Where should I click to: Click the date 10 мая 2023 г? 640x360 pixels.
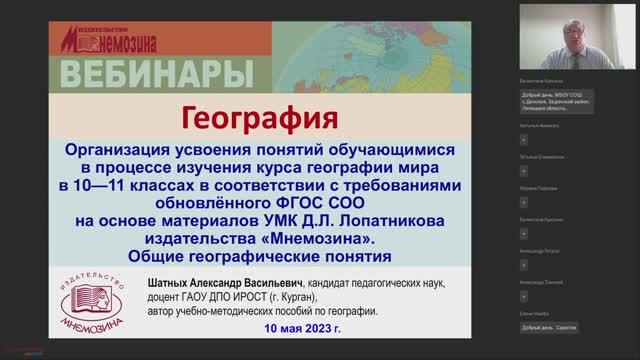(302, 328)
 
